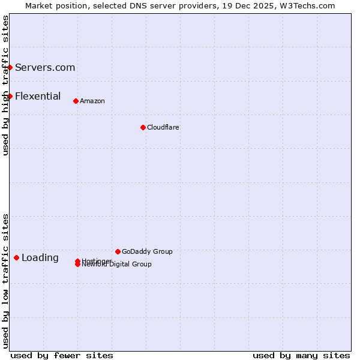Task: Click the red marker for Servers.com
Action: click(x=10, y=67)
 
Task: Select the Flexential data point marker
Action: click(x=10, y=96)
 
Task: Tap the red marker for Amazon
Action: click(x=76, y=101)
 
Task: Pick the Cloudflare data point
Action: click(x=143, y=127)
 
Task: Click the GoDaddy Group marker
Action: click(x=118, y=251)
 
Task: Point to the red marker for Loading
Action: click(x=17, y=257)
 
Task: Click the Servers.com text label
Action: click(x=45, y=67)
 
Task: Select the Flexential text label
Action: click(x=38, y=96)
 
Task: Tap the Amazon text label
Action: click(x=92, y=101)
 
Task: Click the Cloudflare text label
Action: click(x=163, y=127)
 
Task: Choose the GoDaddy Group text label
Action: click(x=147, y=251)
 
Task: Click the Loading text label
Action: click(x=40, y=258)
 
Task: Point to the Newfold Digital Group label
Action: click(x=117, y=265)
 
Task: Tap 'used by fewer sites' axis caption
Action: click(x=62, y=355)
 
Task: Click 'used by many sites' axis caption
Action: click(x=301, y=355)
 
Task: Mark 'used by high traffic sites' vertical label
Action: click(x=5, y=85)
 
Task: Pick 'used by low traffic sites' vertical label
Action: click(x=5, y=281)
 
